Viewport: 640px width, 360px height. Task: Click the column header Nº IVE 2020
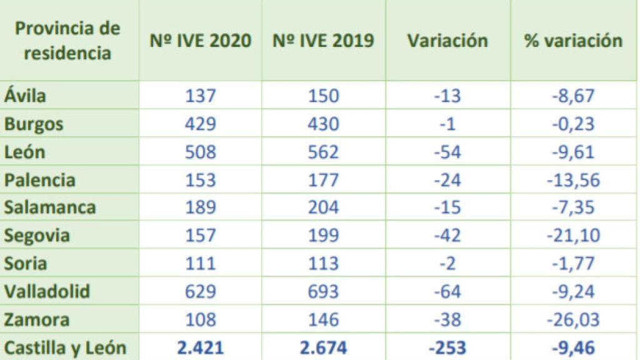[201, 41]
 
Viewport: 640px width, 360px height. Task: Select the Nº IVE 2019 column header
[324, 41]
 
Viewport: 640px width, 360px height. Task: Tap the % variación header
[573, 41]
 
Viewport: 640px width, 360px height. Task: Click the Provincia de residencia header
[67, 41]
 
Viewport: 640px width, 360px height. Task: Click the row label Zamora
[36, 320]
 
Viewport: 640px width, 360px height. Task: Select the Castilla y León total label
[66, 347]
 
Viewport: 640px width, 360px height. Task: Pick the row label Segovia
[37, 236]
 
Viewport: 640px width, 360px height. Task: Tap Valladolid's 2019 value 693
[324, 292]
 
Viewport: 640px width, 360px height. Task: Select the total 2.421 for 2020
[201, 347]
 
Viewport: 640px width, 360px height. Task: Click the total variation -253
[447, 347]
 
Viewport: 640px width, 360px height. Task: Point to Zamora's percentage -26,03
[573, 320]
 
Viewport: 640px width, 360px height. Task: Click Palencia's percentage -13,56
[573, 181]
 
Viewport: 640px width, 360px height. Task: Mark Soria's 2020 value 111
[201, 264]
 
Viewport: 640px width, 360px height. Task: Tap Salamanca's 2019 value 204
[324, 208]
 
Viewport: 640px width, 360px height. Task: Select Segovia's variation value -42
[447, 236]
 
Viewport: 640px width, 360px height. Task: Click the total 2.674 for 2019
[324, 347]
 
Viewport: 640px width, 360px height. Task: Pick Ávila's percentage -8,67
[573, 96]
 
